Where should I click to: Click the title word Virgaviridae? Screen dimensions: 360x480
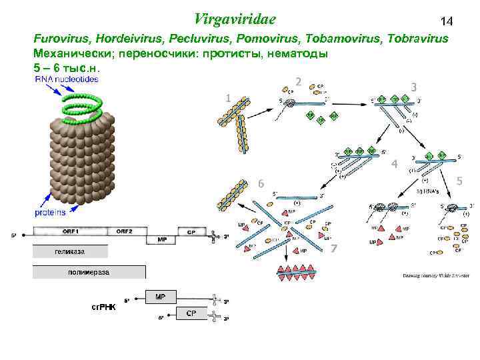click(236, 18)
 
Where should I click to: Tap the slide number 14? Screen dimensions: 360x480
click(446, 22)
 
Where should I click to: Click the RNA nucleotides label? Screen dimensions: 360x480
click(65, 79)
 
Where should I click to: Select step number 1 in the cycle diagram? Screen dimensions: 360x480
click(228, 98)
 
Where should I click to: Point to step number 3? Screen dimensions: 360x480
click(414, 87)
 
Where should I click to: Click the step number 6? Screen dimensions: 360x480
click(261, 183)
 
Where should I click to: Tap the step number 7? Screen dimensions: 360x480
click(334, 249)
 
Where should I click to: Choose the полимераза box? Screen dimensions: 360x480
click(89, 272)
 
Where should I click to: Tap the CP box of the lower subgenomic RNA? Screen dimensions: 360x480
click(190, 313)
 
